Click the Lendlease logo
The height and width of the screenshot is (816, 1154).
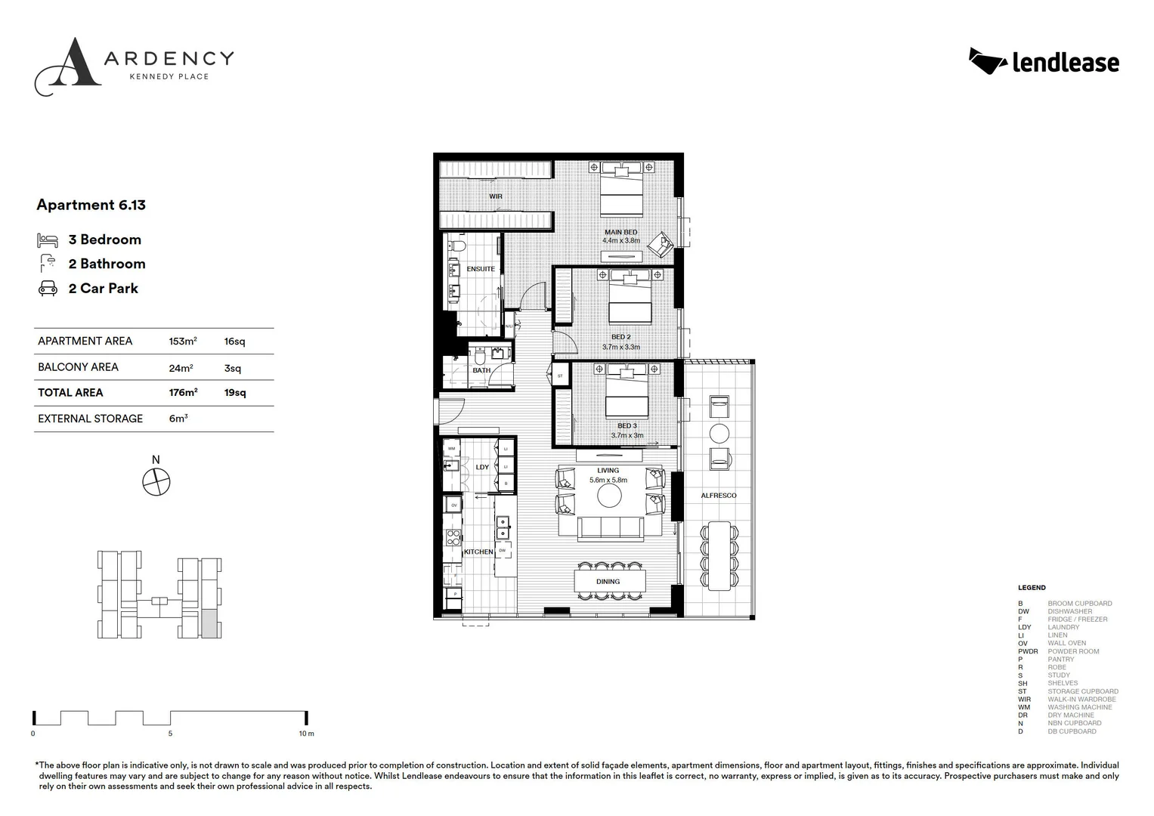1044,62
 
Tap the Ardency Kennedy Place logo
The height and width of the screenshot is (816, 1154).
134,66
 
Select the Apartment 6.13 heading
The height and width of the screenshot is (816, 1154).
91,205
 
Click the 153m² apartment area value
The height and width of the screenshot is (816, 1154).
182,342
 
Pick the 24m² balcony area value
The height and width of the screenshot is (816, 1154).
181,367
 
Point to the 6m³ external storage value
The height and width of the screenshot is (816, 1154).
178,419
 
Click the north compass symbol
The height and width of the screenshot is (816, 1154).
156,481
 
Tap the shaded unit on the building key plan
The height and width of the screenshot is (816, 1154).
211,624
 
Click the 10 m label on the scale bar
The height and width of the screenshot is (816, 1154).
305,734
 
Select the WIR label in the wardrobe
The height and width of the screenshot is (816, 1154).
496,196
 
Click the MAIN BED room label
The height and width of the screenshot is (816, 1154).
620,233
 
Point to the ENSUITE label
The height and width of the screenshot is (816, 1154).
481,269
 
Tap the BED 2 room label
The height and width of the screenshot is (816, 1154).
620,337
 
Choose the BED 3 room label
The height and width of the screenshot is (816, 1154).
627,426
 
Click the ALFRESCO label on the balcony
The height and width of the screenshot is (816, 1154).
718,496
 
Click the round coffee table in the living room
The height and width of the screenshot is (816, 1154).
608,496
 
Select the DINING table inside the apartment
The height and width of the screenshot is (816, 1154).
608,581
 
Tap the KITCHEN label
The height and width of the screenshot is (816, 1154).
478,552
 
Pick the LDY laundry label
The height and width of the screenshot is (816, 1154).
482,467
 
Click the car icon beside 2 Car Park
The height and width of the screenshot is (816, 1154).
48,289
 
